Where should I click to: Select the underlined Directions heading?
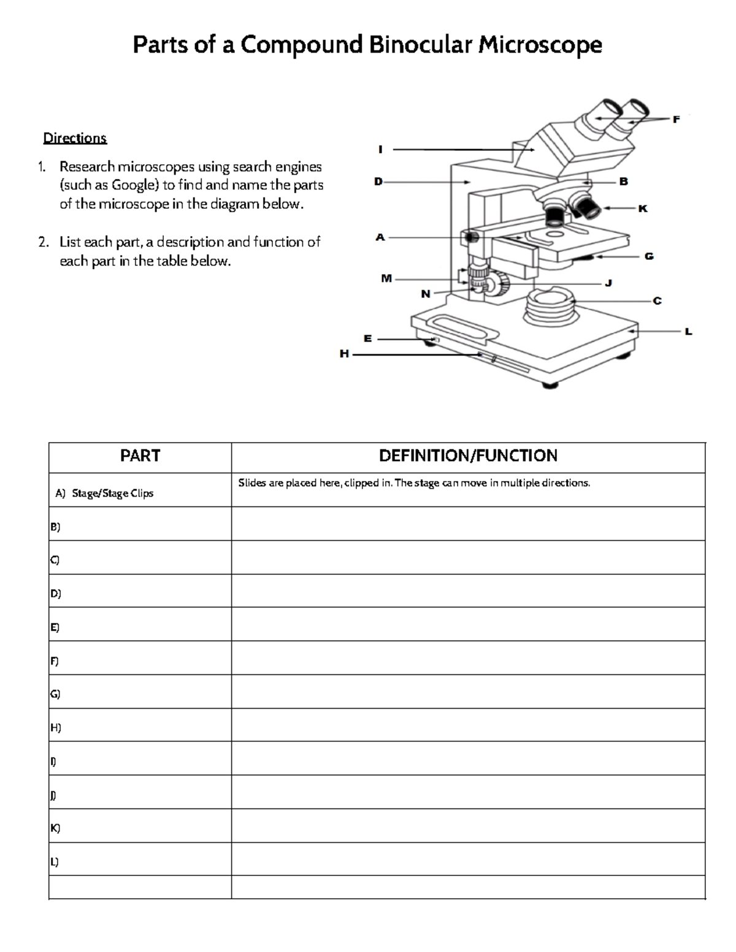75,138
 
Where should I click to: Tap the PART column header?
140,455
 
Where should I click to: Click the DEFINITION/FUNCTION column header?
468,455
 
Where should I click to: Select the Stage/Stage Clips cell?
112,493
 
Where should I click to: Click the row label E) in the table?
55,627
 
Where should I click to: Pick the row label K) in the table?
55,828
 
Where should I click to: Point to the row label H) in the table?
55,728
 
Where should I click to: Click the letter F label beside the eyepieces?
676,120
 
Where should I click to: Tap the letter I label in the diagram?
380,149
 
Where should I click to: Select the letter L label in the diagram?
688,332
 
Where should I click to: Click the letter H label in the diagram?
344,354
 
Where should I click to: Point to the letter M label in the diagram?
386,278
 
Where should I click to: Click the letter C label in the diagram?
657,301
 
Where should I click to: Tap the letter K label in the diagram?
642,208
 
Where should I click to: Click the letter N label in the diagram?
425,294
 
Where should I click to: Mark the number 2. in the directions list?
43,242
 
